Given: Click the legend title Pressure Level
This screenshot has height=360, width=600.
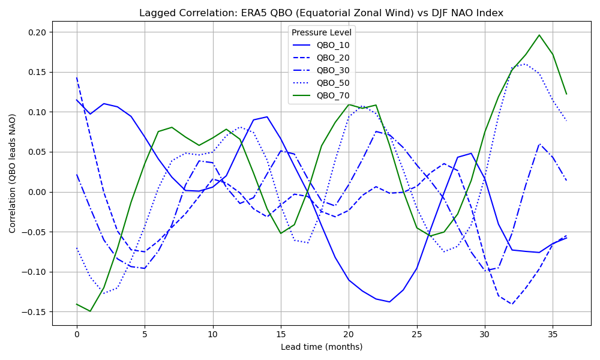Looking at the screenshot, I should coord(321,32).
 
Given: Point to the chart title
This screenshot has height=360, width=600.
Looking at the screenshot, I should coord(321,13).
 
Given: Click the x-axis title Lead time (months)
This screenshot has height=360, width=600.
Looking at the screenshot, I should coord(321,347).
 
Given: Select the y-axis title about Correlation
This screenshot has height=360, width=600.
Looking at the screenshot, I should coord(13,173).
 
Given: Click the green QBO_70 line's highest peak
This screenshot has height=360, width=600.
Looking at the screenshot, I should coord(539,35).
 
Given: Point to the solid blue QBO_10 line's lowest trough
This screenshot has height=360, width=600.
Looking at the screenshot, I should coord(389,302).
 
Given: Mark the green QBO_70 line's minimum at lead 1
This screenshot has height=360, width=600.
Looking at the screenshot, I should coord(90,311).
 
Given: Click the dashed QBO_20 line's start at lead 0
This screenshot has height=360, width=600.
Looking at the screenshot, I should coord(77,77).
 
